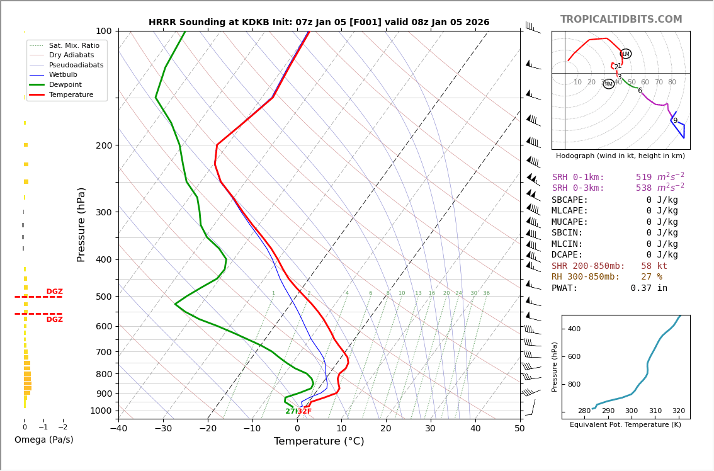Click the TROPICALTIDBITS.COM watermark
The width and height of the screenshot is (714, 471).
click(621, 20)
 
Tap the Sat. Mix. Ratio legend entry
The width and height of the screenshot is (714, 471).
click(74, 45)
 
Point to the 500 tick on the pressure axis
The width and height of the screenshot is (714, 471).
click(104, 297)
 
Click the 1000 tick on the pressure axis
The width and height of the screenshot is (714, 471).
click(101, 411)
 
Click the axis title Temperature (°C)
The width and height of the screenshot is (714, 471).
click(319, 441)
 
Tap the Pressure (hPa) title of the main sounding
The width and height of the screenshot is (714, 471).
click(81, 224)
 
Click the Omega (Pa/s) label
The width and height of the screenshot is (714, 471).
click(43, 440)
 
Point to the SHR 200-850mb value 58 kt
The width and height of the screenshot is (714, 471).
click(654, 266)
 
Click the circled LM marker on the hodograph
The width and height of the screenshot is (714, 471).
click(626, 54)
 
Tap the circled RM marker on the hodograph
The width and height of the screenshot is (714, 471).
click(609, 84)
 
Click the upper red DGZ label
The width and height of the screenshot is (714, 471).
click(54, 292)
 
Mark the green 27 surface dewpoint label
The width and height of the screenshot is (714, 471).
click(290, 411)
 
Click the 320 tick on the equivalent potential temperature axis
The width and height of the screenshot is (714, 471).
click(678, 411)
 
